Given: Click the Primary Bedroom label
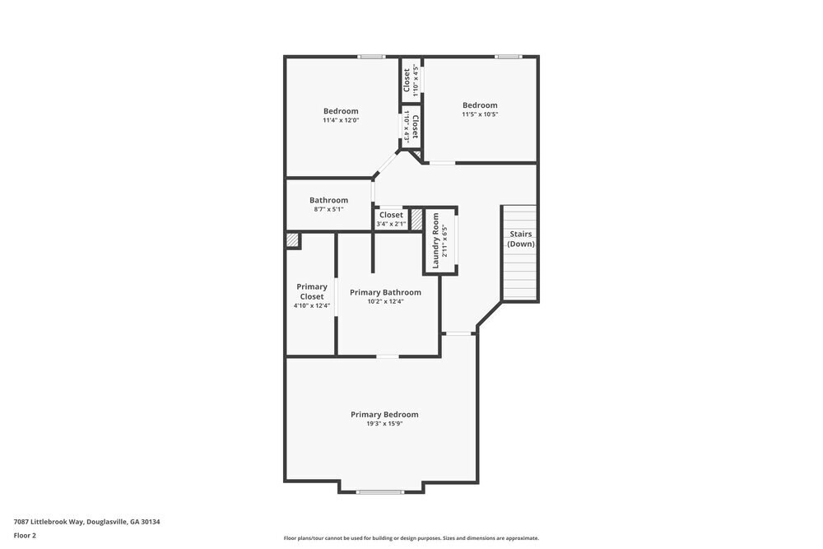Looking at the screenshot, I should (384, 415).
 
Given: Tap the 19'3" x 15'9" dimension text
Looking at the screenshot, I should (384, 425).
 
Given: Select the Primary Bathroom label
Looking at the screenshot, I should (385, 292).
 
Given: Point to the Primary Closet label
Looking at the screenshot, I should (312, 291).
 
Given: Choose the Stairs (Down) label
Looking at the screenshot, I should (520, 239).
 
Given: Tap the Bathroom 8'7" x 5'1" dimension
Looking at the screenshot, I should (328, 210).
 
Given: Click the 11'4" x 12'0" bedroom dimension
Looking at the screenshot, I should (341, 120).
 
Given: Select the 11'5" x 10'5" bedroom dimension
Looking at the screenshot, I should (480, 114).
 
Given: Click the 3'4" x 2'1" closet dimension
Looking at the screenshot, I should (391, 224).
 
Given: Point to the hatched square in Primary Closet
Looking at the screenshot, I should (292, 240).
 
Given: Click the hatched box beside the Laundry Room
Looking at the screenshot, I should (416, 220).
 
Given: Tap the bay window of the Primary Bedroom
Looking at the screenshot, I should (380, 492).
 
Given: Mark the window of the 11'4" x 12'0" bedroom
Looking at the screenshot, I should (371, 57).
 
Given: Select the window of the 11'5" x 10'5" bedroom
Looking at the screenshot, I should (508, 57).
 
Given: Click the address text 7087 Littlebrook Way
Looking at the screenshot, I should (86, 521).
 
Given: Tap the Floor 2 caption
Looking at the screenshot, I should (25, 535).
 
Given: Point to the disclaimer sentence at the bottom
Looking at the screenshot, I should (411, 538).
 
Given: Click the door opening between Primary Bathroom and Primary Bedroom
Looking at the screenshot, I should (388, 356).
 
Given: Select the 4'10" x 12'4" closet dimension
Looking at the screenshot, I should (312, 306).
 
